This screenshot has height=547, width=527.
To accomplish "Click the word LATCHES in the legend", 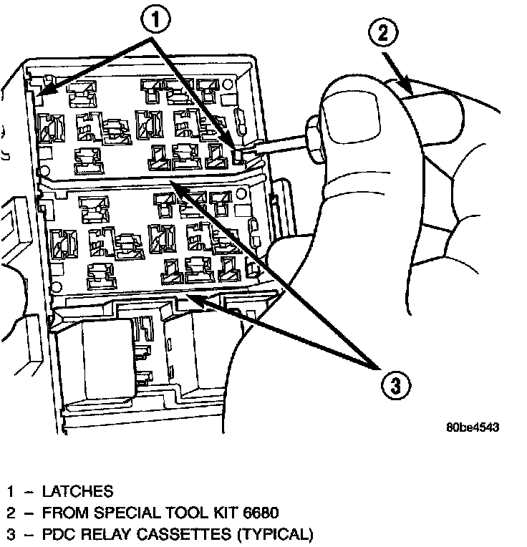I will (x=77, y=492).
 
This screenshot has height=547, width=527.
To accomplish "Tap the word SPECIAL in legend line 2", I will (x=116, y=513).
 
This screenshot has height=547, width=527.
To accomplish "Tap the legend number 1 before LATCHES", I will (x=11, y=492).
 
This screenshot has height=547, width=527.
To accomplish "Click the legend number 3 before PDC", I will (x=11, y=534).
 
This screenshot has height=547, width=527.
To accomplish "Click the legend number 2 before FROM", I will (x=11, y=513).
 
